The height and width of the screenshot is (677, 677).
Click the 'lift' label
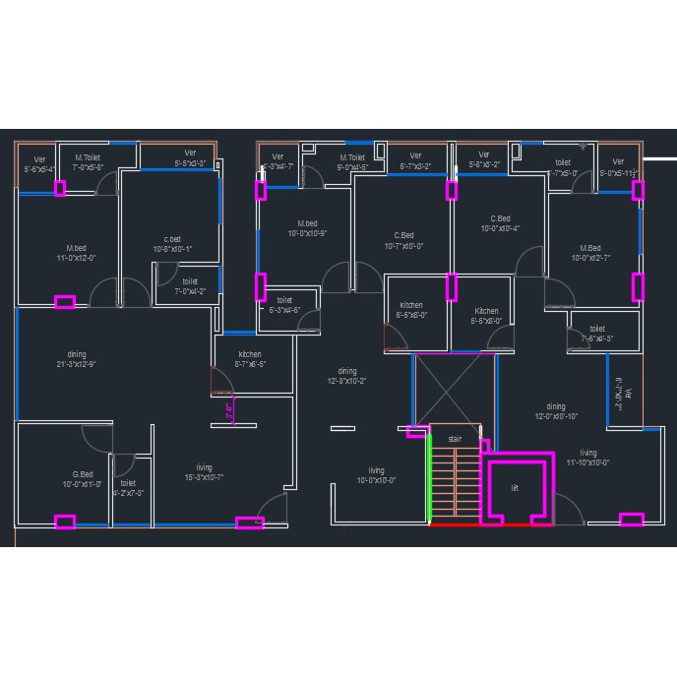pyautogui.click(x=514, y=488)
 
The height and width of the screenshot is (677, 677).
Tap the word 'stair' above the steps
pyautogui.click(x=455, y=439)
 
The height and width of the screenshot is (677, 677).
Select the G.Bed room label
pyautogui.click(x=83, y=479)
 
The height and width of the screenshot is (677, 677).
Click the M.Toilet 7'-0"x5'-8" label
pyautogui.click(x=88, y=162)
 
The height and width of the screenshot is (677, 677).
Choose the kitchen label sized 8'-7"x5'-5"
pyautogui.click(x=250, y=359)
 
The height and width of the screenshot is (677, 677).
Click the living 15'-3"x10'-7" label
pyautogui.click(x=204, y=472)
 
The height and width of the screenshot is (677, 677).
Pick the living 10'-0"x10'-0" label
pyautogui.click(x=376, y=475)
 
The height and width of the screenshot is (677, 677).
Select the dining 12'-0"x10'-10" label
pyautogui.click(x=556, y=411)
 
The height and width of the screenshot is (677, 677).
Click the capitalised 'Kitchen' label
pyautogui.click(x=486, y=316)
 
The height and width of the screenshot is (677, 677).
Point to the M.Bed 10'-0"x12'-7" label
pyautogui.click(x=590, y=253)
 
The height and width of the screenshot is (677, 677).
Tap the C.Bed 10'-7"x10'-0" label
pyautogui.click(x=403, y=241)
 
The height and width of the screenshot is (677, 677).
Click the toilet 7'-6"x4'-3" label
pyautogui.click(x=597, y=334)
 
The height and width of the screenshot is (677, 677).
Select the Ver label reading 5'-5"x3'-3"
pyautogui.click(x=190, y=157)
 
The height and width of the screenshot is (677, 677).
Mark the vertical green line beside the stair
pyautogui.click(x=431, y=478)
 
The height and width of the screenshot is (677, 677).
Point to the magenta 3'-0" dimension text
pyautogui.click(x=229, y=412)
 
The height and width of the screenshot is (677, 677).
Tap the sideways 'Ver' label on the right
pyautogui.click(x=618, y=393)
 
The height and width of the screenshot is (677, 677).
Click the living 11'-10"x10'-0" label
pyautogui.click(x=587, y=458)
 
